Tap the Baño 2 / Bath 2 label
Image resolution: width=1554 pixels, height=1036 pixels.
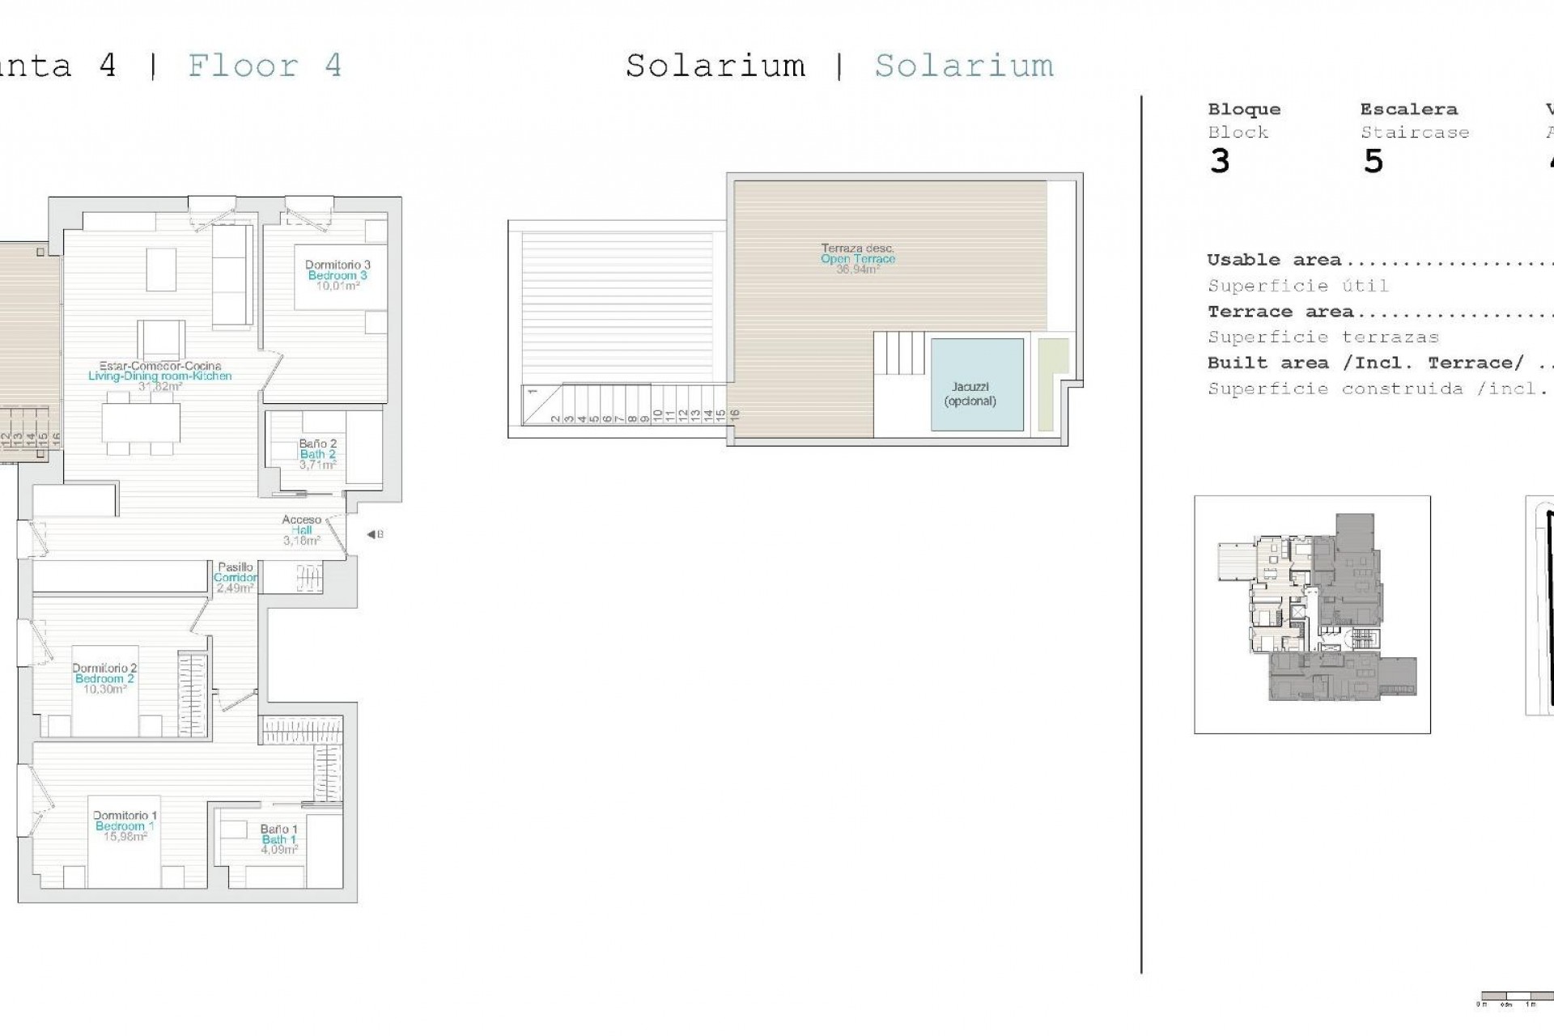pyautogui.click(x=317, y=454)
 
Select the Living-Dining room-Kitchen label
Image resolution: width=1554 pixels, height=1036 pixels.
pyautogui.click(x=159, y=376)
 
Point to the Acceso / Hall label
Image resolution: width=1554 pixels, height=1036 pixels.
pyautogui.click(x=301, y=530)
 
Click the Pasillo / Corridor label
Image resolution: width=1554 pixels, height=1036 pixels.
pyautogui.click(x=236, y=577)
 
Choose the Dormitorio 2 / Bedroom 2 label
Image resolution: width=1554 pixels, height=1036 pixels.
pyautogui.click(x=104, y=678)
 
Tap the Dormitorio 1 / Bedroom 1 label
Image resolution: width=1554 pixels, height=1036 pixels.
pyautogui.click(x=125, y=826)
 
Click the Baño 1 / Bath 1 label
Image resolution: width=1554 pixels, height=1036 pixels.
pyautogui.click(x=279, y=839)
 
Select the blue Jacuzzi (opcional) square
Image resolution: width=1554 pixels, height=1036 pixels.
pyautogui.click(x=977, y=384)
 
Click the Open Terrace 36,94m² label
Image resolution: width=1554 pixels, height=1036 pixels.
pyautogui.click(x=858, y=259)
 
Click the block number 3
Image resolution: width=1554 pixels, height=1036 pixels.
pyautogui.click(x=1220, y=162)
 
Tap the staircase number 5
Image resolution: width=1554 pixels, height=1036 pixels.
pyautogui.click(x=1373, y=162)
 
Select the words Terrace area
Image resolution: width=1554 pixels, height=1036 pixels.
pyautogui.click(x=1280, y=312)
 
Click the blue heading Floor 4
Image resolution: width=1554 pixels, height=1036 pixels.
pyautogui.click(x=265, y=66)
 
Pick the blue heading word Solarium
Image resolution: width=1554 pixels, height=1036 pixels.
pyautogui.click(x=964, y=66)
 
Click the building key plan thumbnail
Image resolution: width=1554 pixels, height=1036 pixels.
pyautogui.click(x=1312, y=615)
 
